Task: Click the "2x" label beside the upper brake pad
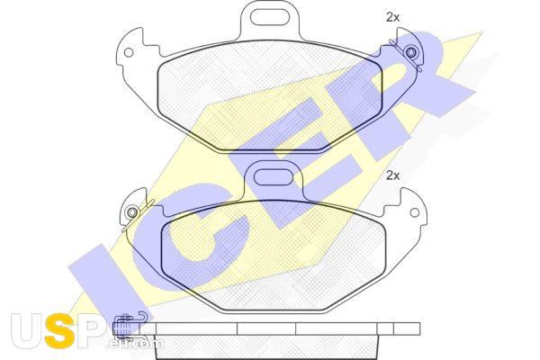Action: click(x=392, y=17)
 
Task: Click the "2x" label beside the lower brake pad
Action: click(x=392, y=175)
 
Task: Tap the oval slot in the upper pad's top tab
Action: click(x=269, y=17)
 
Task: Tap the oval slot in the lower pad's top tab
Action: click(x=273, y=177)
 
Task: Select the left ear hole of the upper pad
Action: click(x=129, y=53)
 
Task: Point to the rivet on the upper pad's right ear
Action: click(x=411, y=53)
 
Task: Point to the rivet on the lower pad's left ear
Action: click(x=131, y=212)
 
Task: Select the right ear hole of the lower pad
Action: click(x=415, y=212)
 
